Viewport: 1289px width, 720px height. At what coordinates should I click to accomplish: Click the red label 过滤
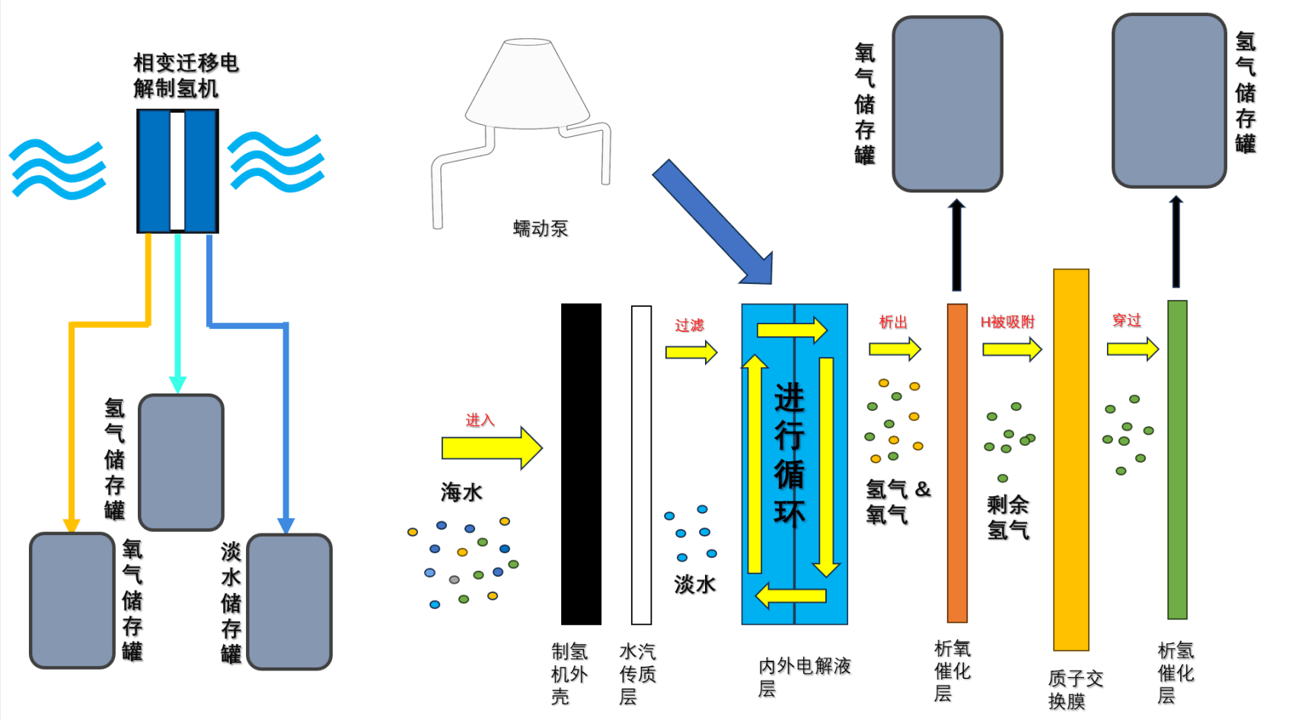point(689,326)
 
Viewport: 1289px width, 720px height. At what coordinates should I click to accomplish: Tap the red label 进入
point(480,420)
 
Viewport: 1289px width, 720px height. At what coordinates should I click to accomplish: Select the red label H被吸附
point(1007,322)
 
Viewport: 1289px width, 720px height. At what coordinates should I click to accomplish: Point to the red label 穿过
point(1127,320)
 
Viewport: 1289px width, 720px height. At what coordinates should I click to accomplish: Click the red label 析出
point(893,322)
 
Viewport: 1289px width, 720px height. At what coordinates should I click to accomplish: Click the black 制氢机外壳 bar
point(581,464)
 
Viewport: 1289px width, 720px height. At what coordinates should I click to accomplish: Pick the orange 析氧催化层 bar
point(957,463)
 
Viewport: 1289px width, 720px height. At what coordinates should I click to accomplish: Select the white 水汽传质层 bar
point(641,464)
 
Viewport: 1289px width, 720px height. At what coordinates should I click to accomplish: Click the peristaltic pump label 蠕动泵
point(541,228)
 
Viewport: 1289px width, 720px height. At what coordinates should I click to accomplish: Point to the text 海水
point(461,492)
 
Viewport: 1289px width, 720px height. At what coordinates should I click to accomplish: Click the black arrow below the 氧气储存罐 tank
point(956,245)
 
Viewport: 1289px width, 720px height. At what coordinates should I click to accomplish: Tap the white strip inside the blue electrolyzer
point(177,170)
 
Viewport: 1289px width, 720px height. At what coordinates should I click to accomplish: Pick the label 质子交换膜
point(1075,689)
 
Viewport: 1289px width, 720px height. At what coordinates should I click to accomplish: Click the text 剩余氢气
point(1008,517)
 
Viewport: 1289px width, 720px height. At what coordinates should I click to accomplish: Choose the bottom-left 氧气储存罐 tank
point(72,601)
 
